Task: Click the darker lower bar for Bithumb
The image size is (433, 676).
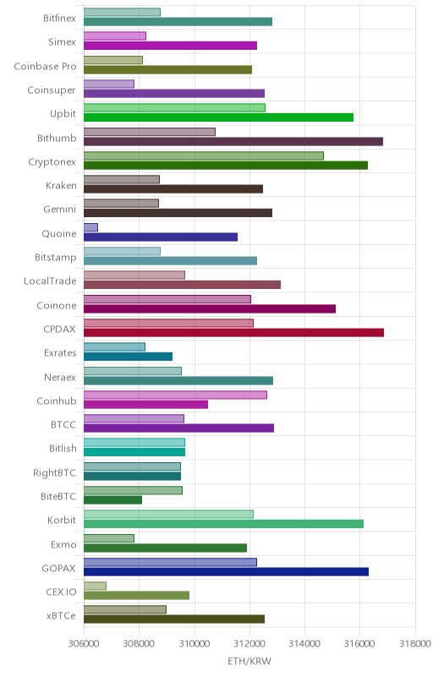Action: coord(233,141)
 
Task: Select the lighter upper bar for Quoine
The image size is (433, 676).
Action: coord(90,227)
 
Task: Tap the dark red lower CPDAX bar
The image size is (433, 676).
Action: coord(233,332)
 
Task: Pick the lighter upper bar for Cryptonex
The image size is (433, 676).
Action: coord(204,155)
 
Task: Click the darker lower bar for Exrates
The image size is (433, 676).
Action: coord(128,357)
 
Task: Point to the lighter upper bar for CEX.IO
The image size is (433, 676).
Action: coord(95,586)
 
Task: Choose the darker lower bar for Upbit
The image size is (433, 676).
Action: coord(219,117)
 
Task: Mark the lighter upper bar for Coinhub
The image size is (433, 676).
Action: coord(175,395)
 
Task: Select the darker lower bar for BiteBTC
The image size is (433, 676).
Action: coord(112,499)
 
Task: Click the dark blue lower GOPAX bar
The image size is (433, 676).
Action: coord(226,572)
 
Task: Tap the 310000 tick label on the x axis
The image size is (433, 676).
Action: coord(194,644)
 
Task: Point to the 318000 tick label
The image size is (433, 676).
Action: coord(415,644)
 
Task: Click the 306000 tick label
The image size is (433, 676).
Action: coord(84,644)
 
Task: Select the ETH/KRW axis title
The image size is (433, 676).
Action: coord(249,661)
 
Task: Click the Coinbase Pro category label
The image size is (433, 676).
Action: coord(45,67)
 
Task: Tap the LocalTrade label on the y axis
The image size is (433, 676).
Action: coord(50,281)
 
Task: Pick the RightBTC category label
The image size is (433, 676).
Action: coord(54,473)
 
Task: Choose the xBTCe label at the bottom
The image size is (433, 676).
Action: coord(61,616)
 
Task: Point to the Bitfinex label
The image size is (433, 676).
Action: coord(59,18)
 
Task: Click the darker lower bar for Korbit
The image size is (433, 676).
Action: coord(223,524)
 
